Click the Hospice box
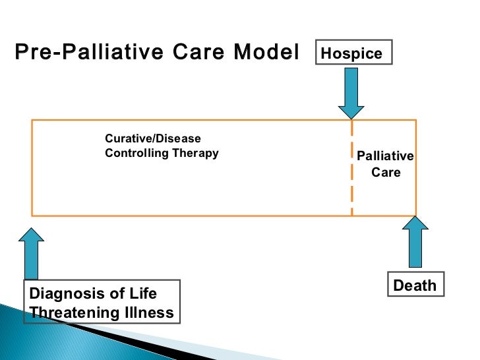(355, 53)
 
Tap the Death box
(415, 285)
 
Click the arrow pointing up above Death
(415, 243)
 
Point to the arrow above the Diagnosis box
(32, 253)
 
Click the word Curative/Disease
(153, 139)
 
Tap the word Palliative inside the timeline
(385, 156)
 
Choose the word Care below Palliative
(386, 173)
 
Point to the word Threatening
(70, 312)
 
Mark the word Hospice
(355, 53)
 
